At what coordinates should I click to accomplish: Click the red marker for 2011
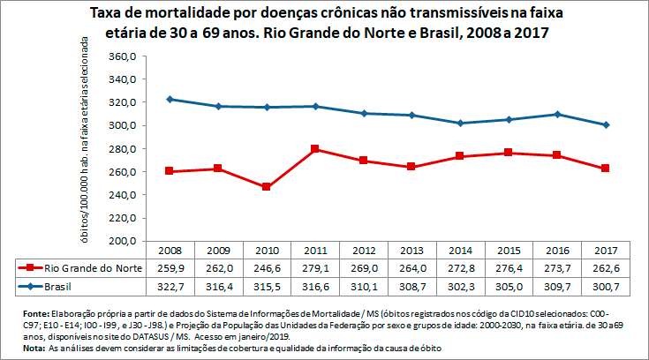(x=314, y=149)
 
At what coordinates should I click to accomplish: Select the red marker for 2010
(x=266, y=187)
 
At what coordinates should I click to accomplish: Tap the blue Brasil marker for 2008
(x=170, y=99)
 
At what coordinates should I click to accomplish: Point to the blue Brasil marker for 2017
(x=606, y=124)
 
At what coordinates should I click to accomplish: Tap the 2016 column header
(x=556, y=250)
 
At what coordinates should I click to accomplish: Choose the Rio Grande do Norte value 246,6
(x=266, y=267)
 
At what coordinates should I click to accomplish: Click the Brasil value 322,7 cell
(x=169, y=287)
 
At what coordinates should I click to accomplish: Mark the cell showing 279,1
(x=314, y=267)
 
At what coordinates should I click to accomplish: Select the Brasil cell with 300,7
(x=605, y=287)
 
